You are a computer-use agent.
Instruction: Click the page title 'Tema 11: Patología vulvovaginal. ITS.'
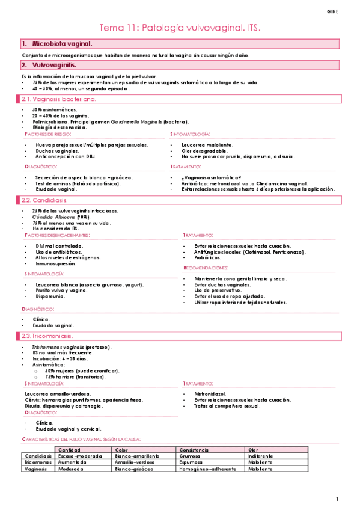click(x=180, y=28)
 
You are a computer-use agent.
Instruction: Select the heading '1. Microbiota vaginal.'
click(x=57, y=44)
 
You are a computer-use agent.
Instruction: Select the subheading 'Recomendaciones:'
click(x=206, y=267)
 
